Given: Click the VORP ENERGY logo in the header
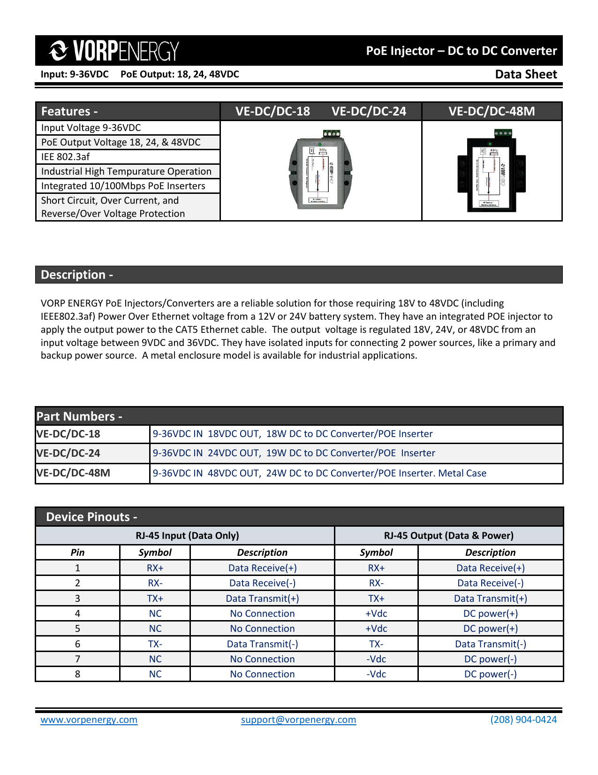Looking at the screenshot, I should (114, 51).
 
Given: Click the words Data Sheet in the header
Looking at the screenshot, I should (526, 74).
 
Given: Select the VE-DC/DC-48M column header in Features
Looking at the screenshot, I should (492, 111).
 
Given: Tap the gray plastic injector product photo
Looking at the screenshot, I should (320, 170).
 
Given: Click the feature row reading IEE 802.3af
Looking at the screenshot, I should (65, 157).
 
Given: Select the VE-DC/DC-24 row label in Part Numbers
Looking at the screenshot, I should (68, 453).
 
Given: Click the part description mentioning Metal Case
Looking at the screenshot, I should (319, 473).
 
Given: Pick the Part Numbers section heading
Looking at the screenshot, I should (79, 416).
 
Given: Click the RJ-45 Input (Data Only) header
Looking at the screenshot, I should (187, 536).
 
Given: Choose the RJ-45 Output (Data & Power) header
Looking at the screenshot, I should (448, 536).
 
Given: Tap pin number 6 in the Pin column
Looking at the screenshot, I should (77, 644).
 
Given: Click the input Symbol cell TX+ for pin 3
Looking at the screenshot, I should (155, 599).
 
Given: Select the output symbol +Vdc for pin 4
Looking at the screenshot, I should (376, 614).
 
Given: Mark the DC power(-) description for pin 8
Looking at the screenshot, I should (490, 674).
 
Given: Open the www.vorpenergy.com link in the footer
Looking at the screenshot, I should (89, 720).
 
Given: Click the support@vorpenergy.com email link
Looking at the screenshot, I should (298, 720).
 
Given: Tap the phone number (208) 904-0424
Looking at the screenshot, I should (523, 720).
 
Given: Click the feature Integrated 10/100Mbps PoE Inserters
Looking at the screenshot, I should (123, 186).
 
